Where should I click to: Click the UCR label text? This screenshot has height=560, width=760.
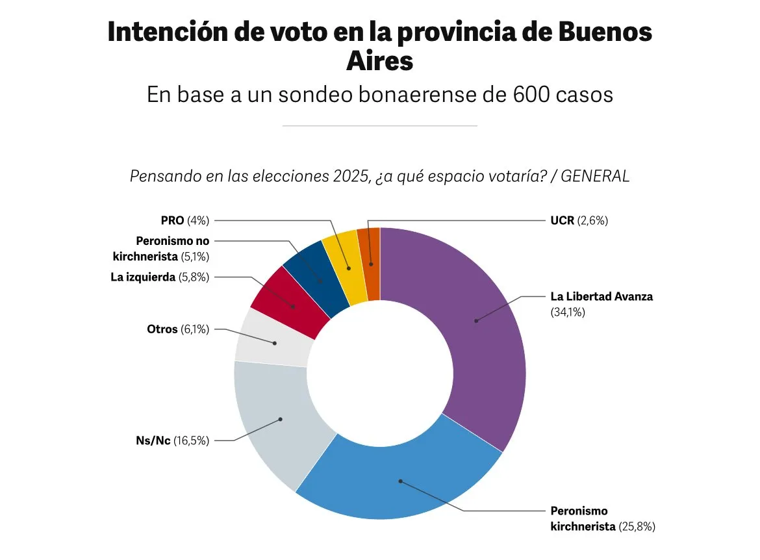(562, 220)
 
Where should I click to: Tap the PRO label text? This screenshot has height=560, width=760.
(172, 220)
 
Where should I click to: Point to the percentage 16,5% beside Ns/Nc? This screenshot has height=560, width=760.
(191, 440)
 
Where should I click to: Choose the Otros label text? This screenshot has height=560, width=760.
(162, 329)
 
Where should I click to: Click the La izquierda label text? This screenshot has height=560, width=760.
(143, 277)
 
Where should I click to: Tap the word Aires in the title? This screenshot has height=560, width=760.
(379, 61)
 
